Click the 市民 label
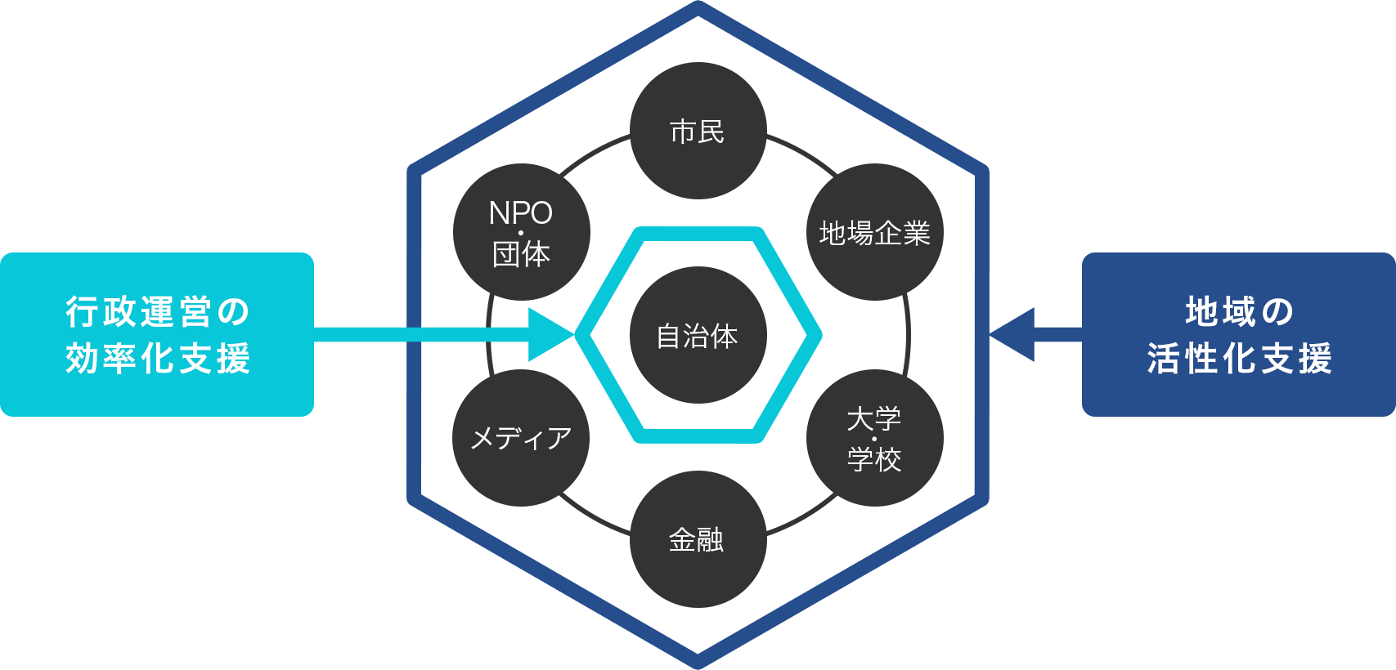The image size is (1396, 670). pos(697,132)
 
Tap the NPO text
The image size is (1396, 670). pos(520,213)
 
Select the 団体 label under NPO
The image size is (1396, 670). pos(521,254)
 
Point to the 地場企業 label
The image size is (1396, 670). pos(874,234)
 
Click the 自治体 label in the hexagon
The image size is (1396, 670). pos(697,336)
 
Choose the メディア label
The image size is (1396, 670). pos(521,438)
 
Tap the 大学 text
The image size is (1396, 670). pos(873,419)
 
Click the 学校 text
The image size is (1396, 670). pos(873,459)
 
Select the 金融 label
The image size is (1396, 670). pos(696,540)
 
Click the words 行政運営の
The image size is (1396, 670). pos(158,311)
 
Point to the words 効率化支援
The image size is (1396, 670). pos(158,359)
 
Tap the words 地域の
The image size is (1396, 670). pos(1239,311)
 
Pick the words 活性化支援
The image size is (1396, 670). pos(1239,359)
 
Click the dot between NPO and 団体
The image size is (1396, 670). pos(521,234)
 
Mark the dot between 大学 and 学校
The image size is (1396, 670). pos(874,440)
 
